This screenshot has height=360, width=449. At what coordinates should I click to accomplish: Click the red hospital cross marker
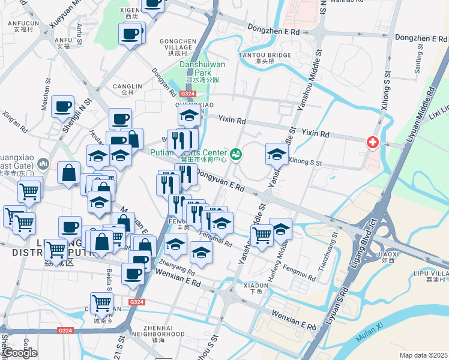coord(373,143)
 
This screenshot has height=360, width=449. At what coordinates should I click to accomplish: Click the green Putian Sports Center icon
coord(235,155)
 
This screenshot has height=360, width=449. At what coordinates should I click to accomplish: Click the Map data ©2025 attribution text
coord(423,355)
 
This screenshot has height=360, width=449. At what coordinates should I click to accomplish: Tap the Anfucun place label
coord(23,25)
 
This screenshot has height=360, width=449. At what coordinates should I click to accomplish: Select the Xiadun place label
coord(256,287)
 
